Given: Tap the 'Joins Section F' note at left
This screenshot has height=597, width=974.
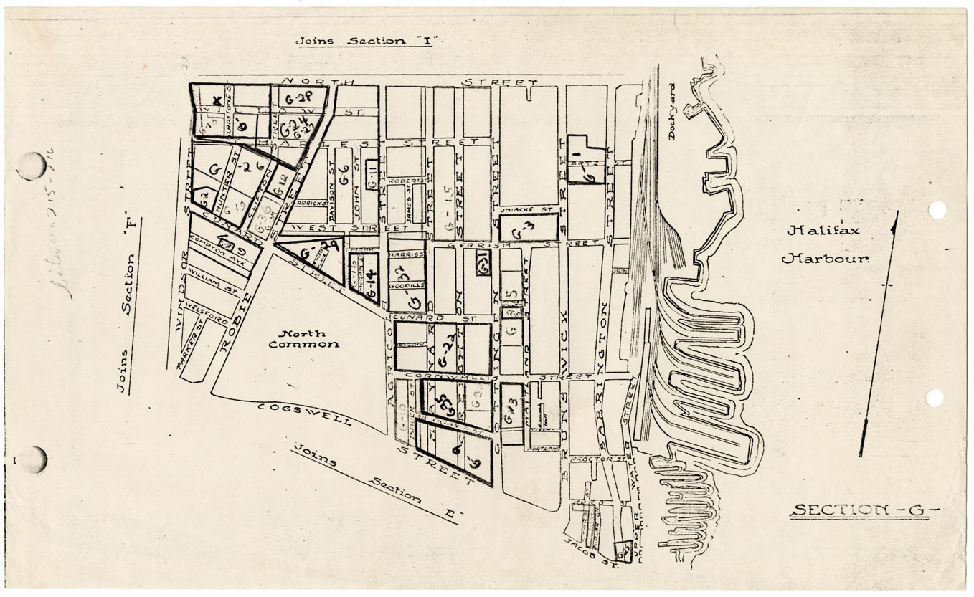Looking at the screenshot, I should [x=128, y=306].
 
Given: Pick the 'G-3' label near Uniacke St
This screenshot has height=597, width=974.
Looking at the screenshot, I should [x=527, y=229].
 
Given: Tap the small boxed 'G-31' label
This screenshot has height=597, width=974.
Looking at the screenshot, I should [x=483, y=266].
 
